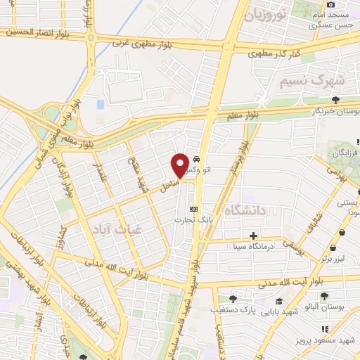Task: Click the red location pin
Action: pyautogui.click(x=180, y=165)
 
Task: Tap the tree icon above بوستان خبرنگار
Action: pyautogui.click(x=335, y=99)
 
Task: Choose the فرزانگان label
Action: pyautogui.click(x=346, y=153)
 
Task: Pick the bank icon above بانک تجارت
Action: pyautogui.click(x=194, y=209)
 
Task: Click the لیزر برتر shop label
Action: pyautogui.click(x=335, y=259)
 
